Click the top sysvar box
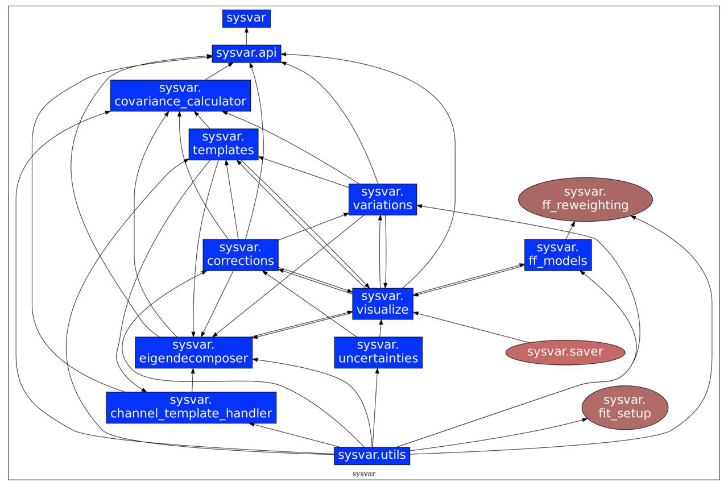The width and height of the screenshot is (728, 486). coord(246,18)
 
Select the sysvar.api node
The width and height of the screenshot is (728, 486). coord(246,53)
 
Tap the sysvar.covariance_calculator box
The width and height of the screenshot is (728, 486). coord(180,95)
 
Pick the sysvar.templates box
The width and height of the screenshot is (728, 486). coord(223,144)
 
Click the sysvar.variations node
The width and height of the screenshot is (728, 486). coord(382,199)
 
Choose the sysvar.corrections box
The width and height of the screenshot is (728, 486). coord(241,255)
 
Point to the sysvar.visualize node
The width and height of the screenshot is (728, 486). coord(382,304)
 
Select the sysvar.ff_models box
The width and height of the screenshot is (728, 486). coord(557,255)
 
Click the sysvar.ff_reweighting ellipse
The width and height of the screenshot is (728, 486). coord(585,199)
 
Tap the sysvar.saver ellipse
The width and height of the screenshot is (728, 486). coord(565,352)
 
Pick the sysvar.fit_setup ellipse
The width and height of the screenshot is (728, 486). coord(624,407)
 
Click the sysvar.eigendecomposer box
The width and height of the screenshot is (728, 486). coord(193,352)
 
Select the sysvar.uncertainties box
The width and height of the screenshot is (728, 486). coord(378,352)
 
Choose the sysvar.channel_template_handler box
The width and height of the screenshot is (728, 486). coord(191,407)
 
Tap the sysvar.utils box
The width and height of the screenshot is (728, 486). coord(372,455)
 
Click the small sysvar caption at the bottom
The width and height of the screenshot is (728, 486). coord(363,473)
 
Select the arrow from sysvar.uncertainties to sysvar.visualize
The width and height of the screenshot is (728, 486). coord(380,328)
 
